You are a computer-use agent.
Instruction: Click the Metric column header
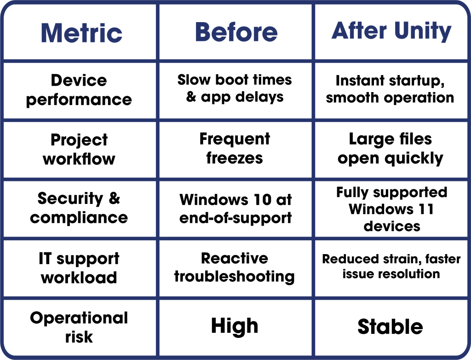[x=81, y=32]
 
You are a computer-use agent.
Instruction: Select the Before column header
[x=236, y=32]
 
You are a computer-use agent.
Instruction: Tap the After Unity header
[x=391, y=31]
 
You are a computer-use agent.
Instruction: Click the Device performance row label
[x=79, y=90]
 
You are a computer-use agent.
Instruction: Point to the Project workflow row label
[x=79, y=149]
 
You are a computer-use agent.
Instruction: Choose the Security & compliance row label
[x=79, y=208]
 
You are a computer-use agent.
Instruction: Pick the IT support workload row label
[x=79, y=268]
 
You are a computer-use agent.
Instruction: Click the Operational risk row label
[x=79, y=327]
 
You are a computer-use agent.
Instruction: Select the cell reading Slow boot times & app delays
[x=235, y=88]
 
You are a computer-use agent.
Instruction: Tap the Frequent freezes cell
[x=235, y=148]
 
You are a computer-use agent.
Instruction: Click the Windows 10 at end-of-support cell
[x=235, y=208]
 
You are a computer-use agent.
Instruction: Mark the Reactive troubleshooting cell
[x=235, y=267]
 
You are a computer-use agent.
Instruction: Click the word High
[x=235, y=326]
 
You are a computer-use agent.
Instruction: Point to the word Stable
[x=391, y=327]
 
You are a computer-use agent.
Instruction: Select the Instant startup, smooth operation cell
[x=390, y=89]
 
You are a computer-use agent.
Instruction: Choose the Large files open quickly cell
[x=391, y=148]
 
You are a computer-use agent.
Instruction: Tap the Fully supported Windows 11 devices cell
[x=391, y=209]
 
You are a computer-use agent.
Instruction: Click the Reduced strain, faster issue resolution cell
[x=391, y=266]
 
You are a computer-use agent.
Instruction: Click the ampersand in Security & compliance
[x=114, y=199]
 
